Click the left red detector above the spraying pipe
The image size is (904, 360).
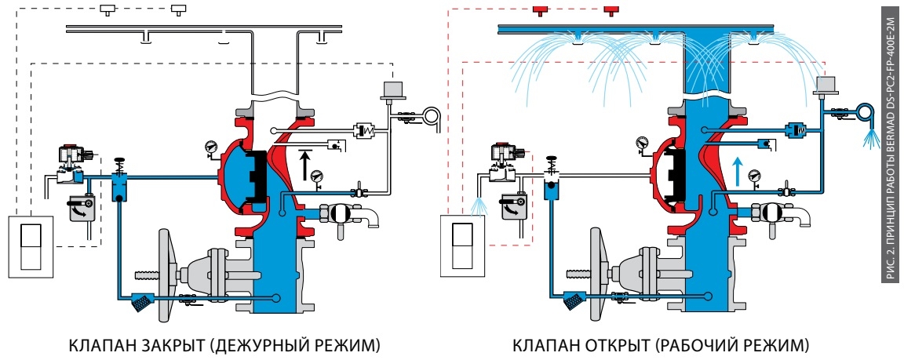click(x=540, y=10)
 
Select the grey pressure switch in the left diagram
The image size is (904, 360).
click(x=390, y=88)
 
